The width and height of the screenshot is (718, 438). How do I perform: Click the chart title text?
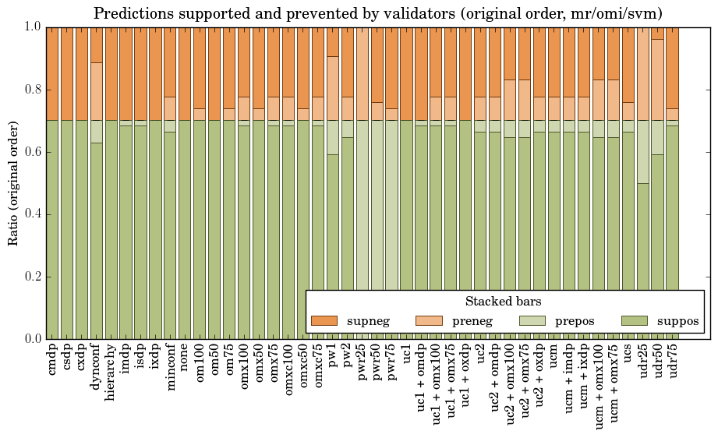click(378, 13)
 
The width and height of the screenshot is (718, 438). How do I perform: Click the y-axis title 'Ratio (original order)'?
click(13, 182)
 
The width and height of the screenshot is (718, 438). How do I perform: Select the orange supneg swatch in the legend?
click(324, 320)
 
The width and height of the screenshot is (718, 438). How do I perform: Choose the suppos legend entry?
click(677, 320)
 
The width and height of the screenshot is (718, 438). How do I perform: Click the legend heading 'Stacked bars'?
click(503, 302)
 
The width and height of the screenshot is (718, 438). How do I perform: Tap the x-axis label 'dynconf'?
click(97, 368)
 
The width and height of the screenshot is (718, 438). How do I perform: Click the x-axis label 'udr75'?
click(672, 363)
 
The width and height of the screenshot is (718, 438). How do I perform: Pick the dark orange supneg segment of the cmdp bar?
click(52, 73)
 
